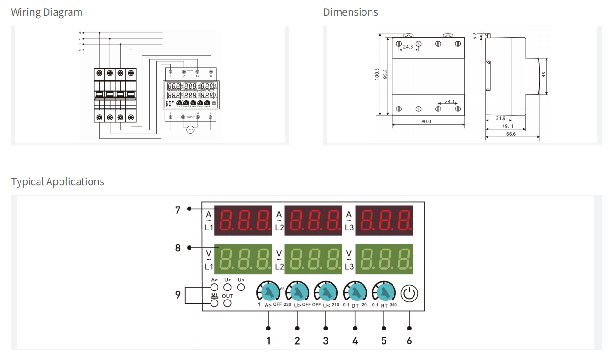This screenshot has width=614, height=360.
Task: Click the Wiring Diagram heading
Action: coord(47,12)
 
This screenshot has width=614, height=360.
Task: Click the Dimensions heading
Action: coord(351,12)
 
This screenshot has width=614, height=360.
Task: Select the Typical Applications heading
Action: coord(58,182)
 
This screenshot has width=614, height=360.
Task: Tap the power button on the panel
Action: coord(409,293)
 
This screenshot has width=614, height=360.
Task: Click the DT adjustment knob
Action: coord(355,291)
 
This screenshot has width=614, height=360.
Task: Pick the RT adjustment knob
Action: coord(384,291)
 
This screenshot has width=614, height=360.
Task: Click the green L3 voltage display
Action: coord(384,259)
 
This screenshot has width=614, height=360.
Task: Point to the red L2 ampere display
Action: coord(313,220)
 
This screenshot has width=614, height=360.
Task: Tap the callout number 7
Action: coord(178,210)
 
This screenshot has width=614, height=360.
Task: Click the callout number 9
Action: coord(178,295)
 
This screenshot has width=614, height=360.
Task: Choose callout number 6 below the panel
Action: coord(409,341)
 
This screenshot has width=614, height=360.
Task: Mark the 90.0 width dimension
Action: coord(426,122)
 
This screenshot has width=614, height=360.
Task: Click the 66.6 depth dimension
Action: coord(511,134)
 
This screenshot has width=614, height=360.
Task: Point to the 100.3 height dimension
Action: coord(377,73)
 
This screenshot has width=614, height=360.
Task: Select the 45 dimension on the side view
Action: coord(544,75)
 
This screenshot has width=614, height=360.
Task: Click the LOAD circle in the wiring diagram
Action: coord(190,129)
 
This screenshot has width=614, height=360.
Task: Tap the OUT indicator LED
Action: coord(227,303)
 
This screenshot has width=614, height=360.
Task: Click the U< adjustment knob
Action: coord(326,291)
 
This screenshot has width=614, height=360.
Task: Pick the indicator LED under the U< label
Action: coord(241,287)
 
